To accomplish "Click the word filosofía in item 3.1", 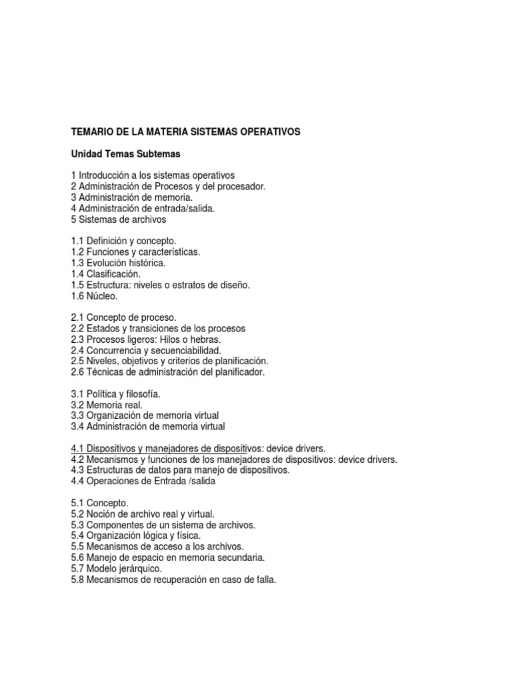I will [x=141, y=394].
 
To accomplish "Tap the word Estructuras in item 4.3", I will [x=110, y=470].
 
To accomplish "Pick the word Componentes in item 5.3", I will [x=116, y=525].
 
